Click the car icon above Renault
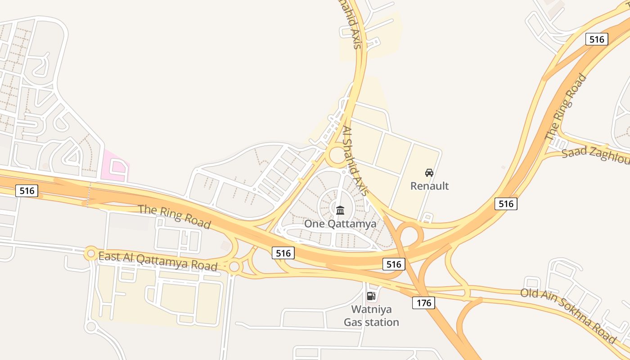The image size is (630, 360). tap(429, 173)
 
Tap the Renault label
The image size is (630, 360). tap(429, 186)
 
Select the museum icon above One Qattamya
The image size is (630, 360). tap(340, 210)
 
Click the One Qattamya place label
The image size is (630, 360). tap(340, 224)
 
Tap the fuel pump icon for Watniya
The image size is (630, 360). tap(371, 296)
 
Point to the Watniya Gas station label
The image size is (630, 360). tap(371, 316)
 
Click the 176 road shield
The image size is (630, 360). tap(423, 303)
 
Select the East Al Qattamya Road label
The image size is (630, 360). tap(158, 261)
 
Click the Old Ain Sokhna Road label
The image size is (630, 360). tap(568, 315)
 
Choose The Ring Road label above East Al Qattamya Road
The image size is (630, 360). tap(174, 216)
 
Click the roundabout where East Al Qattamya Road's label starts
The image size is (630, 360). tap(91, 254)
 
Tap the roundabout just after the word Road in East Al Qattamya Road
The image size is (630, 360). tap(234, 267)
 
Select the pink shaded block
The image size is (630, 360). tap(115, 167)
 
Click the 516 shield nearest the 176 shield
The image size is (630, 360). tap(394, 264)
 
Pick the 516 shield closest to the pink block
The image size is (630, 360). tap(27, 191)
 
